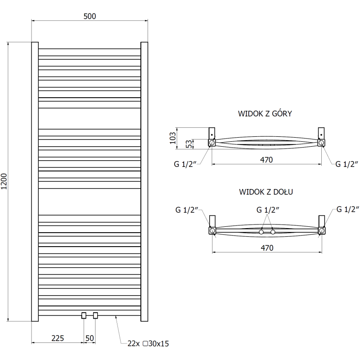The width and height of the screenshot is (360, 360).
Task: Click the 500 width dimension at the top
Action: pos(90,16)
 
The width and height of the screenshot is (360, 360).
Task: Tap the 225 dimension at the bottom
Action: pos(57,338)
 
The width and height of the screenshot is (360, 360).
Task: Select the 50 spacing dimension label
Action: pos(90,338)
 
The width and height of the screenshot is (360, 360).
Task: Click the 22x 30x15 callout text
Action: pos(148,343)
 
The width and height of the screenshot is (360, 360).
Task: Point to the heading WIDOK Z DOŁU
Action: pos(266,192)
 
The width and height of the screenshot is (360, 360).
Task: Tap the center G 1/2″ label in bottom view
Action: pos(268,210)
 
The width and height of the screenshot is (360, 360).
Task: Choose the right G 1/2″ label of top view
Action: pos(347,164)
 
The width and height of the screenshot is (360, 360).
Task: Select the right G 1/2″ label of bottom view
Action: pos(348,209)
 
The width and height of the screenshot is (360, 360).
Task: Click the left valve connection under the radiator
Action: pos(84,315)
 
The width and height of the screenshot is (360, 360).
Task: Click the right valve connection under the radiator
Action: pos(95,315)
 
